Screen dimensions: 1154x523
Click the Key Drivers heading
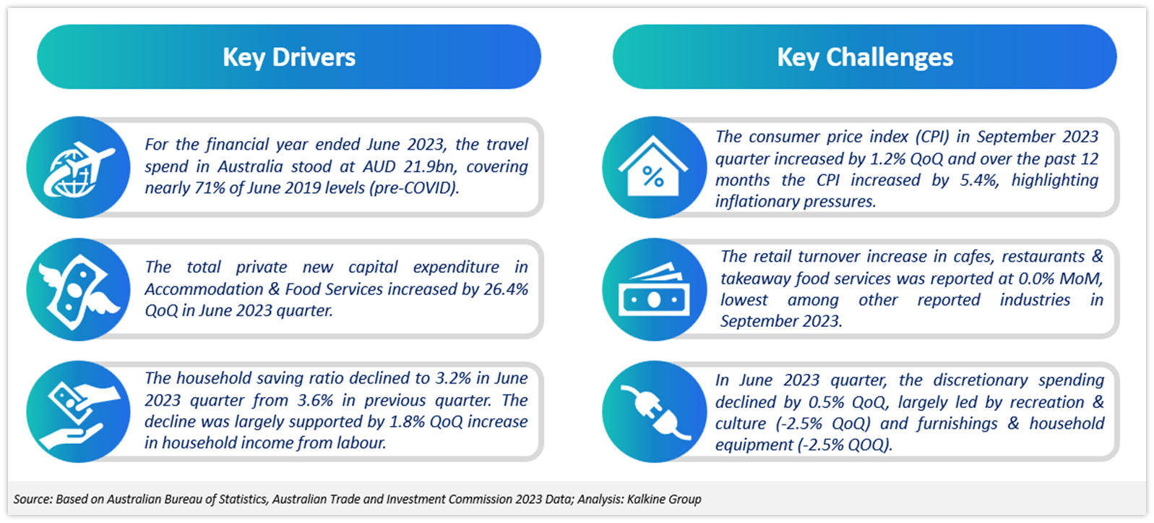point(289,57)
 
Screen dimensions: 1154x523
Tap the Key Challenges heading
point(865,57)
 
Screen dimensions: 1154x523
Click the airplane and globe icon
point(79,169)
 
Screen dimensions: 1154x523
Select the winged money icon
point(79,290)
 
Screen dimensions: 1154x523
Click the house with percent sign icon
point(653,166)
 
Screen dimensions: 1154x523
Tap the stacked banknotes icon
point(653,290)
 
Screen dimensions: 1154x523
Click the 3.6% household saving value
point(315,400)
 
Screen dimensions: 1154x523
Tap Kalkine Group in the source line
point(664,499)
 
